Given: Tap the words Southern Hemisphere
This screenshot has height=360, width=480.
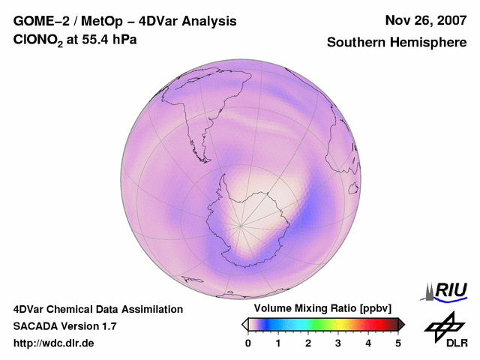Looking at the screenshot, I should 397,43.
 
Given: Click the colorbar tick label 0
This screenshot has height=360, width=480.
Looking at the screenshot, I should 248,343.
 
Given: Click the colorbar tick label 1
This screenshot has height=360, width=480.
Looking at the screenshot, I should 278,343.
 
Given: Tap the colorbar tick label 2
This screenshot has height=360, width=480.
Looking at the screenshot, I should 308,343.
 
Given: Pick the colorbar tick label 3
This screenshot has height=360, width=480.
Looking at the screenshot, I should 338,343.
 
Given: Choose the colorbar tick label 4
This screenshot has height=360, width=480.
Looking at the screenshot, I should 368,343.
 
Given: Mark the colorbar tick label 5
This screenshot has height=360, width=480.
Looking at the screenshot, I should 398,343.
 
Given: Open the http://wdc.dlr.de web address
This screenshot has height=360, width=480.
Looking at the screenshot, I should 54,343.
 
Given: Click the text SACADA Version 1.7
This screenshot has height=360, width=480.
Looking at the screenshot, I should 64,326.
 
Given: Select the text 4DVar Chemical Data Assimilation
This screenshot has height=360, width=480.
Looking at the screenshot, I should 98,309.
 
